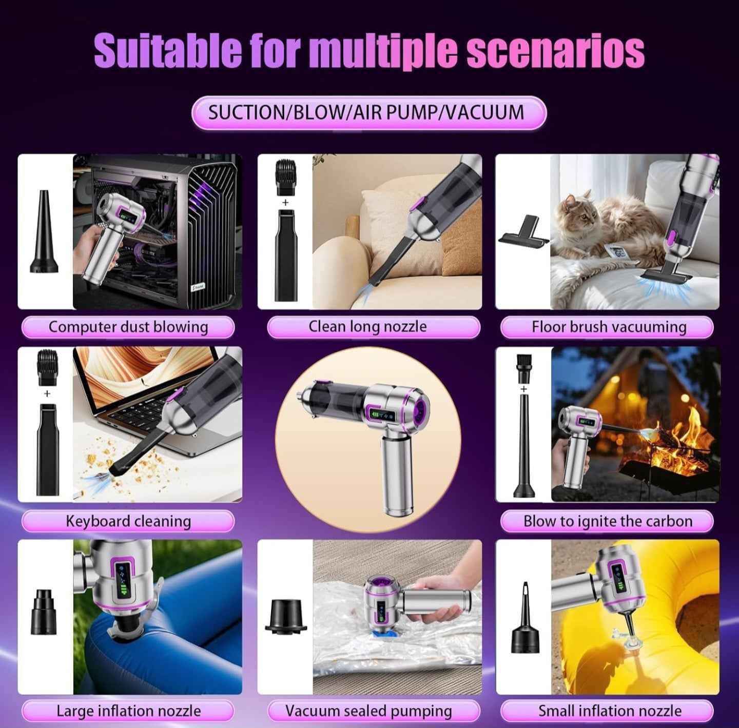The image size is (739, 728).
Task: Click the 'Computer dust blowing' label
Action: point(128,327)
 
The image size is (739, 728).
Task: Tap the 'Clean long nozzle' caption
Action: point(367,327)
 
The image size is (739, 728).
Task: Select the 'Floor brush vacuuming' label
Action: point(609,327)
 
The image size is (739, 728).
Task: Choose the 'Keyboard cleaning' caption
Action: point(128,521)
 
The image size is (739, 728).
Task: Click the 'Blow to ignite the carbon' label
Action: point(608,521)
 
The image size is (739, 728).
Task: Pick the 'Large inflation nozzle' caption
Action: point(128,711)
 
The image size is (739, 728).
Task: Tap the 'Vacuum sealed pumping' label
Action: point(368,711)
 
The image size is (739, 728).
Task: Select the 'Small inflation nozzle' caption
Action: point(610,711)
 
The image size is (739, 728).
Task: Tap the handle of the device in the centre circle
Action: point(398,478)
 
